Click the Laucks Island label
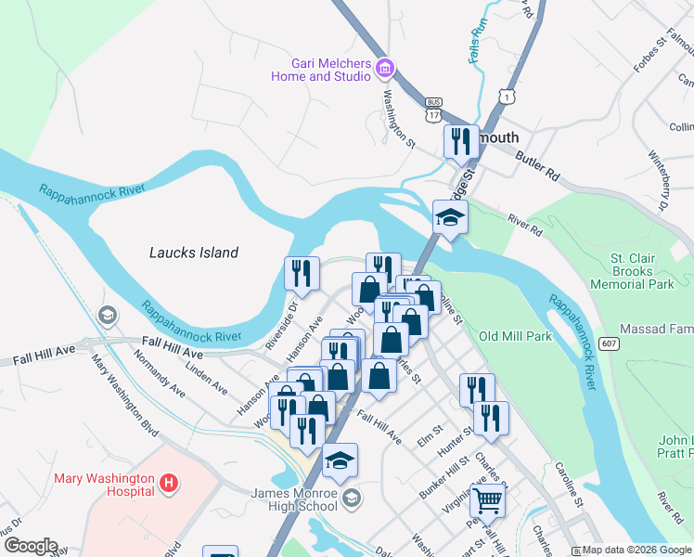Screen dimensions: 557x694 (x=194, y=253)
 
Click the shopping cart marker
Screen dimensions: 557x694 (x=487, y=501)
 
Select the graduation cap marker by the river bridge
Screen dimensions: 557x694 (x=450, y=218)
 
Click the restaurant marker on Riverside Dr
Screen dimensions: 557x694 (x=301, y=273)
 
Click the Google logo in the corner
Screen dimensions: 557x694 (x=30, y=546)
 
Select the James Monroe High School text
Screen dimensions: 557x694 (x=294, y=499)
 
